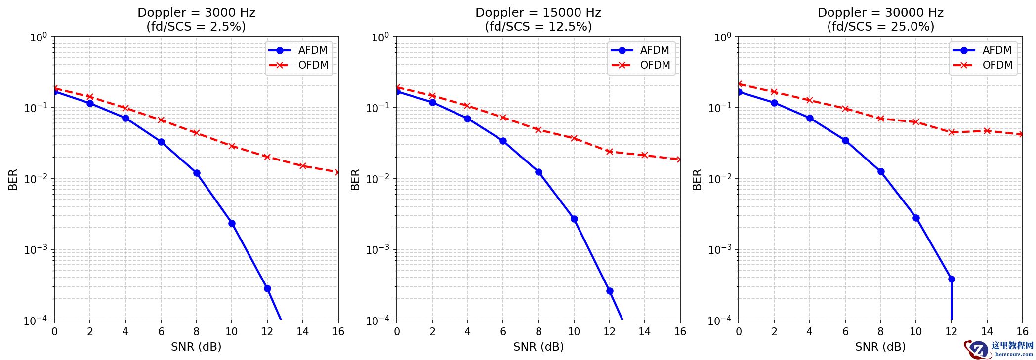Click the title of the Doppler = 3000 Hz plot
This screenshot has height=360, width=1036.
[x=196, y=13]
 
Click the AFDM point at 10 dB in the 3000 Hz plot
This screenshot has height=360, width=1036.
[x=232, y=223]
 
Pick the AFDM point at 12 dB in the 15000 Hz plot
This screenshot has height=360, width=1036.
[x=610, y=291]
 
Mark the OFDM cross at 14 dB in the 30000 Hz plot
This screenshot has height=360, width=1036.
[x=987, y=131]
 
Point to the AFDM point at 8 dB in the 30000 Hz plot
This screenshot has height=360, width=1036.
[x=881, y=172]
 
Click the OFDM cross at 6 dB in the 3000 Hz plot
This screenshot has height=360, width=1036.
[x=161, y=120]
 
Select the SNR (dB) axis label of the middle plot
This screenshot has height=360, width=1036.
[x=539, y=347]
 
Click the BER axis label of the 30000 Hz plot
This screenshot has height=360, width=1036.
[x=697, y=179]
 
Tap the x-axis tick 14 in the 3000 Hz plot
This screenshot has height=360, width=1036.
[x=303, y=332]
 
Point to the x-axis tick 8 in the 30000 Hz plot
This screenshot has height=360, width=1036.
[x=881, y=332]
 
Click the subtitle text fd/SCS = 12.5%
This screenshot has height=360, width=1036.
[x=539, y=27]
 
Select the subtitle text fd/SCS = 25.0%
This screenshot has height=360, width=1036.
[x=881, y=27]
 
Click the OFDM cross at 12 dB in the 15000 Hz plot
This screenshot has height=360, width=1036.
[x=610, y=152]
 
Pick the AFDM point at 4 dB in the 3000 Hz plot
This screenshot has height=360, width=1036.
[x=125, y=118]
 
